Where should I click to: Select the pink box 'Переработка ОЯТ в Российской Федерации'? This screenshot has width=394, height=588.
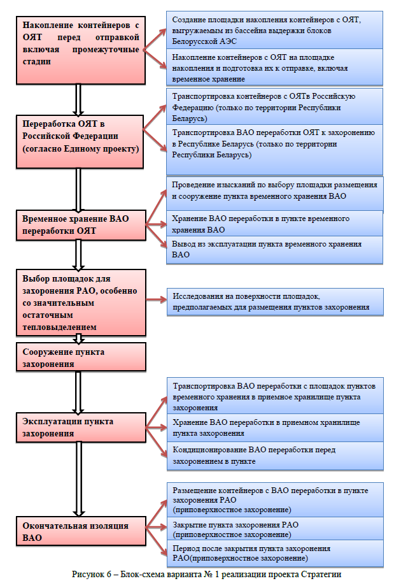coord(80,134)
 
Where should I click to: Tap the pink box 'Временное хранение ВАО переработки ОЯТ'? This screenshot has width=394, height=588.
coord(80,224)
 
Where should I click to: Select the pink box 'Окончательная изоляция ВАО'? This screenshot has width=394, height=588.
coord(80,531)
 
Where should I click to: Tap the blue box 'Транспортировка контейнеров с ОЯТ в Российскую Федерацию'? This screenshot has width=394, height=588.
coord(274,107)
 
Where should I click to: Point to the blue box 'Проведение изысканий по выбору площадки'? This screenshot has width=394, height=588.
coord(274,190)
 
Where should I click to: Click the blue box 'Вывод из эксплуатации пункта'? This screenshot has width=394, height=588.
coord(274,249)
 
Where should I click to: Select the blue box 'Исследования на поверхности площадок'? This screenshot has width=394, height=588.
coord(274,301)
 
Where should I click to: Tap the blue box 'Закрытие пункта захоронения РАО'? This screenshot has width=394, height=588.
coord(274,529)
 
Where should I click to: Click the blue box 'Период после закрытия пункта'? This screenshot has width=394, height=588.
coord(274,553)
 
